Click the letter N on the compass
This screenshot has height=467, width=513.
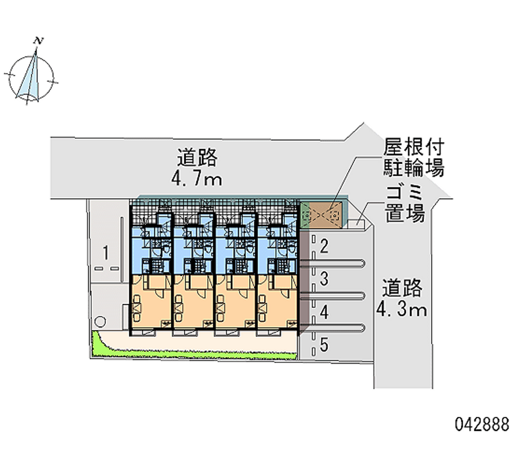[38, 41]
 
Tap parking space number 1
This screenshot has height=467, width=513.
[105, 252]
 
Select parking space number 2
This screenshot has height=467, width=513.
[324, 246]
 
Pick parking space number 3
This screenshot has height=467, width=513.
[324, 279]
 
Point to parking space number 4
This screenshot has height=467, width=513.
[324, 312]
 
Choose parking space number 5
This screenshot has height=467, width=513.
[324, 345]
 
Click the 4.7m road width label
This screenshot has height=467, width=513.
[197, 180]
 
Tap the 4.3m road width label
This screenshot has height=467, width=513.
[402, 310]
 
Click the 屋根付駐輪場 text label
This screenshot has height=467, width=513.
[414, 157]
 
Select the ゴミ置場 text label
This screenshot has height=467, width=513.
[405, 204]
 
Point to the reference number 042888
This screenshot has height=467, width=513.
[482, 425]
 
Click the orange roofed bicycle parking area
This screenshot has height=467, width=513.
[325, 215]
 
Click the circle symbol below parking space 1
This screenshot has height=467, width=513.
[100, 322]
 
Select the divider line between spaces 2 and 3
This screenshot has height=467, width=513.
[332, 263]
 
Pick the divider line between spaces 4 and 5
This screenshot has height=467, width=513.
[332, 327]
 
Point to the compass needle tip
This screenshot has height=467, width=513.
[36, 49]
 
